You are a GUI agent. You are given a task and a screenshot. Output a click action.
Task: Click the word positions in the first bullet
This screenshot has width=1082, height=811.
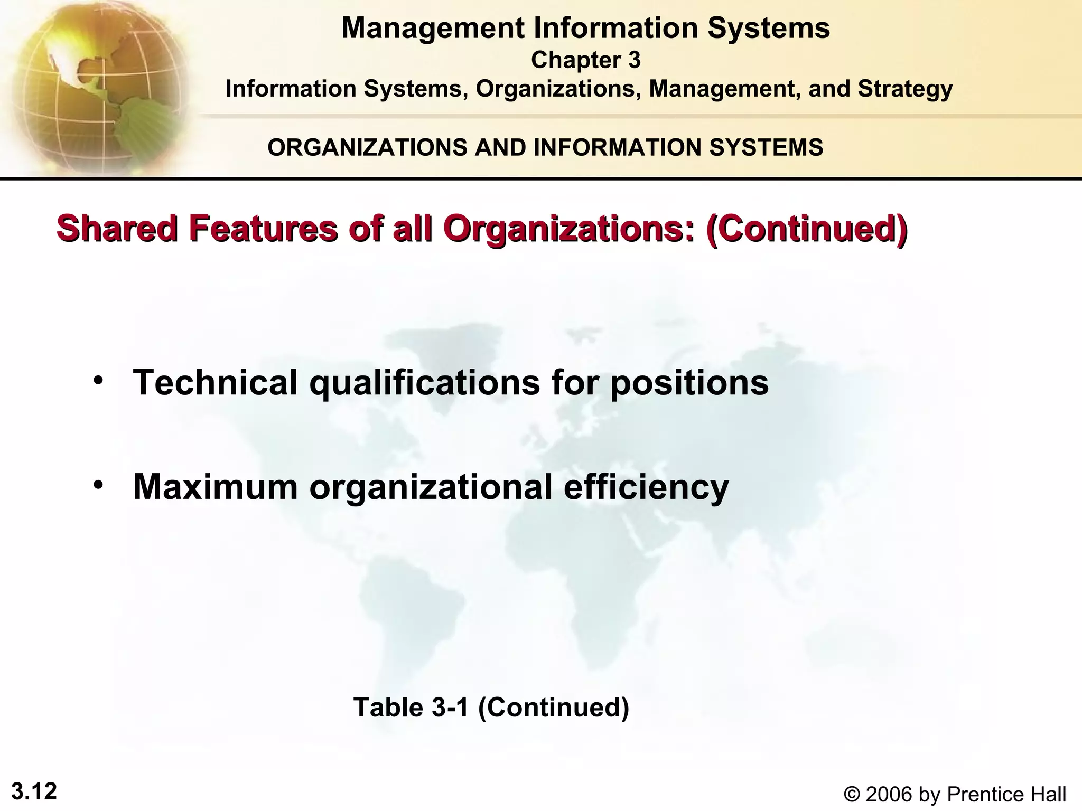[689, 383]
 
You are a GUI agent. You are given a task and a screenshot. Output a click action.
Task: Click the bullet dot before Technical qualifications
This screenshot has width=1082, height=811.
[97, 380]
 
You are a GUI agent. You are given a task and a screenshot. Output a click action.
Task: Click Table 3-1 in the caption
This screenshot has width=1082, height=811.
[411, 707]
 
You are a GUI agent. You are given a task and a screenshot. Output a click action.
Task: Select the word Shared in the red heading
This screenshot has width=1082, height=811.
[117, 229]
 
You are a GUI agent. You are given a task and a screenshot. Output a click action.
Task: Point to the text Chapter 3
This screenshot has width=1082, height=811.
[585, 60]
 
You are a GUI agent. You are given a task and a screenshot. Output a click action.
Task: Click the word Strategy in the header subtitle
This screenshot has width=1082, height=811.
[905, 89]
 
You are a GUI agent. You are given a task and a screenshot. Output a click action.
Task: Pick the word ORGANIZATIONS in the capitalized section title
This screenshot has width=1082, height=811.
[368, 147]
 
